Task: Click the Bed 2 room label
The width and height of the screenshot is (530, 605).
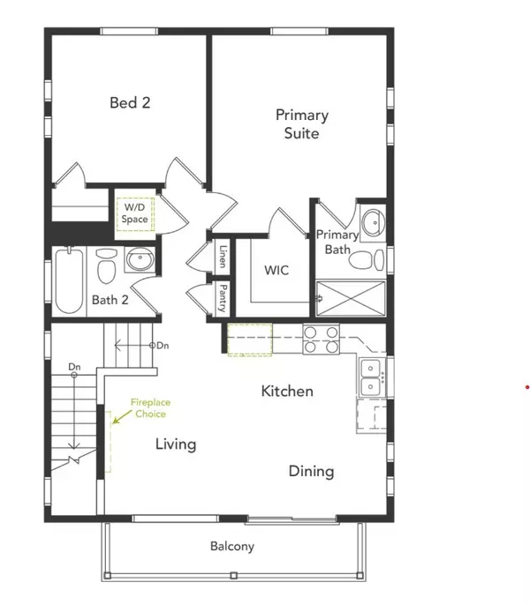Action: pos(130,102)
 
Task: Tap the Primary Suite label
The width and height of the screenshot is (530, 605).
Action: pos(302,123)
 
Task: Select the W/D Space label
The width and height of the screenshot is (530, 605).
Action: pos(134,213)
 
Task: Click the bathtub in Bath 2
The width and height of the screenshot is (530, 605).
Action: pos(69,280)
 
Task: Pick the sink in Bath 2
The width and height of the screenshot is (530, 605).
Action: pos(140,259)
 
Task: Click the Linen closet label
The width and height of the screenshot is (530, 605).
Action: pos(223,257)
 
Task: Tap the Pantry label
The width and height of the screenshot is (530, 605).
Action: pos(223,298)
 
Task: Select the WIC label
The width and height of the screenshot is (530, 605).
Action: pos(276,270)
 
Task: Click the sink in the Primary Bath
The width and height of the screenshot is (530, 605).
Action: pos(373,222)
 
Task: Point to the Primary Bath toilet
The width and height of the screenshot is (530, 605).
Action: pos(367,259)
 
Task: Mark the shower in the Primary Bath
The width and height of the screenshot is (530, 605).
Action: pos(351,298)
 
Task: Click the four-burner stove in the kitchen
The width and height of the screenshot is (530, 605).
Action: pos(322,340)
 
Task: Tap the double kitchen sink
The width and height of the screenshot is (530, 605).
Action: pos(371,377)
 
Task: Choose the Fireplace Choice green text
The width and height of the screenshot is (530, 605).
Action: pos(150,408)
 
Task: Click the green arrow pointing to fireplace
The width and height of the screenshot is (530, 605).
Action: pos(122,417)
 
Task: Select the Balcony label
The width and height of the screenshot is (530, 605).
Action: pos(232,547)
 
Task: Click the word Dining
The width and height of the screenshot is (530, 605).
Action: pos(312,472)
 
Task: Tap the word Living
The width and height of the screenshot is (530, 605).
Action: pos(176,444)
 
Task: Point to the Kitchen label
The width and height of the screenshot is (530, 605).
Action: pos(287,392)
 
